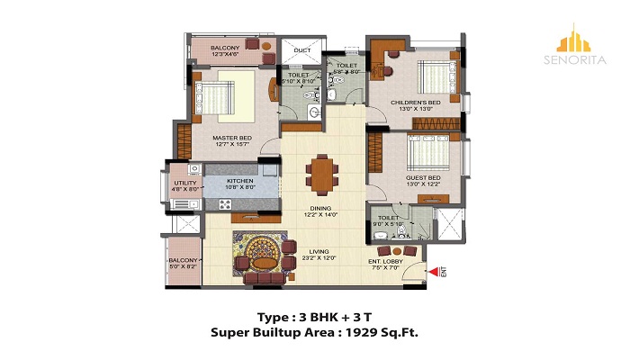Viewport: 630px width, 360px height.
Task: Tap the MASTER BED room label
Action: click(x=231, y=138)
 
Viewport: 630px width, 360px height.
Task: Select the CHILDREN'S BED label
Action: click(x=414, y=103)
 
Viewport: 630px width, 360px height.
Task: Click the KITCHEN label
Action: click(x=239, y=181)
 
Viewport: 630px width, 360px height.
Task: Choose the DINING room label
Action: click(x=320, y=209)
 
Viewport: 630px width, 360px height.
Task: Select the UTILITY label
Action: click(x=184, y=183)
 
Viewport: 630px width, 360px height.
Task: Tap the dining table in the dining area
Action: click(x=320, y=170)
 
